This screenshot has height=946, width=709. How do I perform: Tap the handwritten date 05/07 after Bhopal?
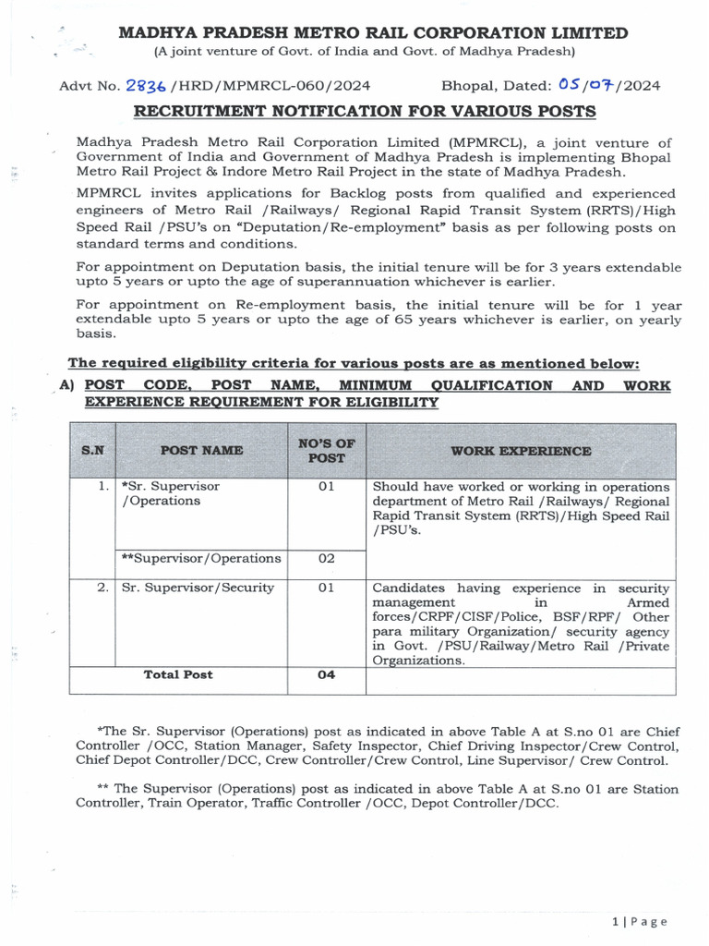589,85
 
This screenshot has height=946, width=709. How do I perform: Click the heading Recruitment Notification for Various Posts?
365,112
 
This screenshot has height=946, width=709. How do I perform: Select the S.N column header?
92,451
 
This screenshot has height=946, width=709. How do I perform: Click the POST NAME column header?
202,451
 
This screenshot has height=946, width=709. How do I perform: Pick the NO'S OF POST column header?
327,451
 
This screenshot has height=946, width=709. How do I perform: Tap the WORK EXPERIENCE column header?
521,451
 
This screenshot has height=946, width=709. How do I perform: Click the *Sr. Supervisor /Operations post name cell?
171,493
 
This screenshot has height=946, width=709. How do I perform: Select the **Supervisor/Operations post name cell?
201,558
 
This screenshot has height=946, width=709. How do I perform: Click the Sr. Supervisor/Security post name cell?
198,588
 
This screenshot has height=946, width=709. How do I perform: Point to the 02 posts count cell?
326,558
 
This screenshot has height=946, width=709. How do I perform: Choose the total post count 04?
326,675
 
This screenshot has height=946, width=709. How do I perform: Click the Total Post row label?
178,675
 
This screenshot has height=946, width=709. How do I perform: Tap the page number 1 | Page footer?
639,921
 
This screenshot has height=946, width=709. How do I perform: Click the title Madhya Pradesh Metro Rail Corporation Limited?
374,33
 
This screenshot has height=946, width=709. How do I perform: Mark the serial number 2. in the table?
102,588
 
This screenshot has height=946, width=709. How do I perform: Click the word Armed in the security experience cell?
652,602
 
